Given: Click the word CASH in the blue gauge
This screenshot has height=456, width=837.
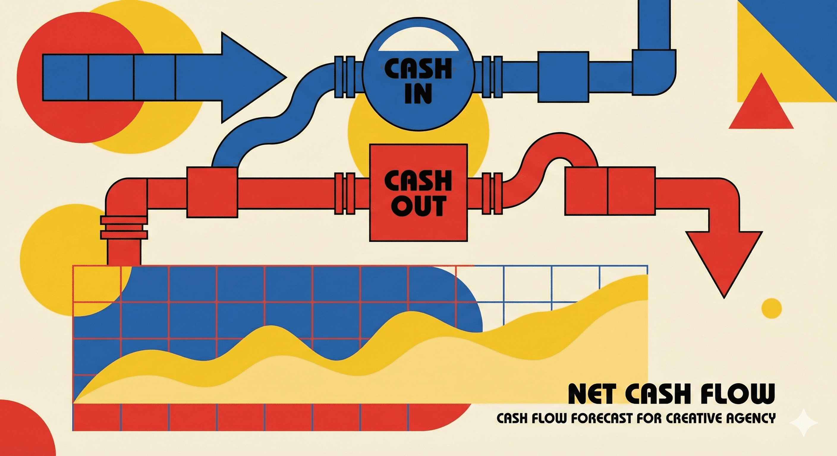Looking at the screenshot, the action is click(418, 69).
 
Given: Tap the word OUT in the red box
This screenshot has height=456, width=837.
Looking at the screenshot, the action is click(417, 206).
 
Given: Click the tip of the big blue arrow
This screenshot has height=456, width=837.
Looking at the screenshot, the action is click(286, 77).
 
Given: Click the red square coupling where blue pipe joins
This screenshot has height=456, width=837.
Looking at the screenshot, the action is click(212, 192).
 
